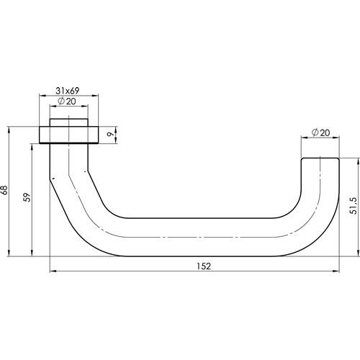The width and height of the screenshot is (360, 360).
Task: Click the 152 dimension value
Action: pyautogui.click(x=204, y=266)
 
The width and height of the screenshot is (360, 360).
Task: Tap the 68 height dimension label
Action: pyautogui.click(x=4, y=190)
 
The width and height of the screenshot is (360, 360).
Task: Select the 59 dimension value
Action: pyautogui.click(x=28, y=197)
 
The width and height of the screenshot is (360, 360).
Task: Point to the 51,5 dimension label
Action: pyautogui.click(x=354, y=206)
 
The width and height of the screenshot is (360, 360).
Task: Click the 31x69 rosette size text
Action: pyautogui.click(x=68, y=91)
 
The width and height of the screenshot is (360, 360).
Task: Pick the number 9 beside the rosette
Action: pyautogui.click(x=110, y=135)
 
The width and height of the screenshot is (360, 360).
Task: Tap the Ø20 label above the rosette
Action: pyautogui.click(x=67, y=101)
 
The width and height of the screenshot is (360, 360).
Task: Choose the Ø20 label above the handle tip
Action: pyautogui.click(x=321, y=132)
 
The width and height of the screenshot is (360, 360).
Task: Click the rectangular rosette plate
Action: pyautogui.click(x=69, y=135)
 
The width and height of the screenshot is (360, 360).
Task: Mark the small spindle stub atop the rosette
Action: pyautogui.click(x=69, y=122)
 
